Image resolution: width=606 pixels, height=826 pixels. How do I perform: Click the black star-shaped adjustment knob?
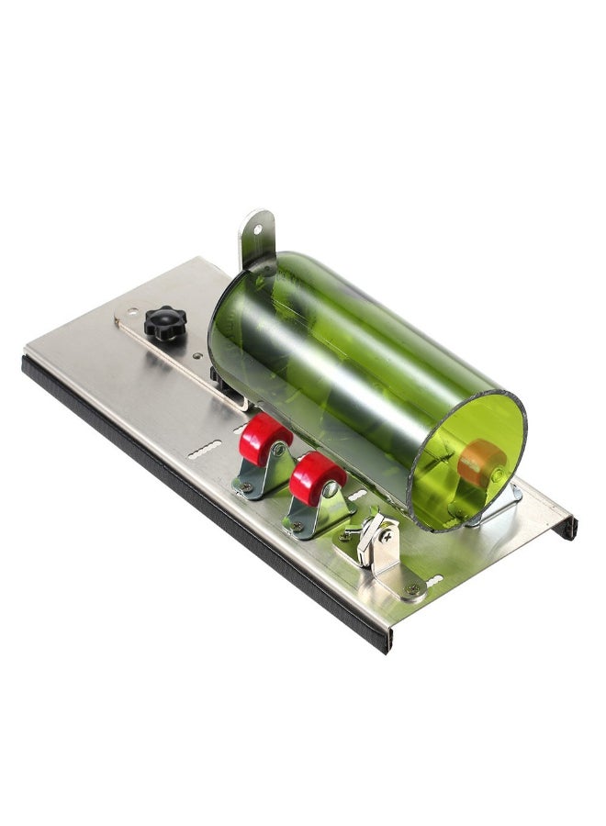click(165, 322)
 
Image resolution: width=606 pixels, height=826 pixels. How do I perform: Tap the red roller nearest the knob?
click(265, 438)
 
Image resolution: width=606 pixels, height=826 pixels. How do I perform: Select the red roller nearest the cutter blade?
click(317, 478)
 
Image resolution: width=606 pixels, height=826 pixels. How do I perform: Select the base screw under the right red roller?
click(297, 527)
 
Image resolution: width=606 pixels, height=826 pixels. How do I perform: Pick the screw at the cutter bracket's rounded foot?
click(412, 588)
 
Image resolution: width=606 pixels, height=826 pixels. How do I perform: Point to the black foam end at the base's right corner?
click(570, 527)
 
